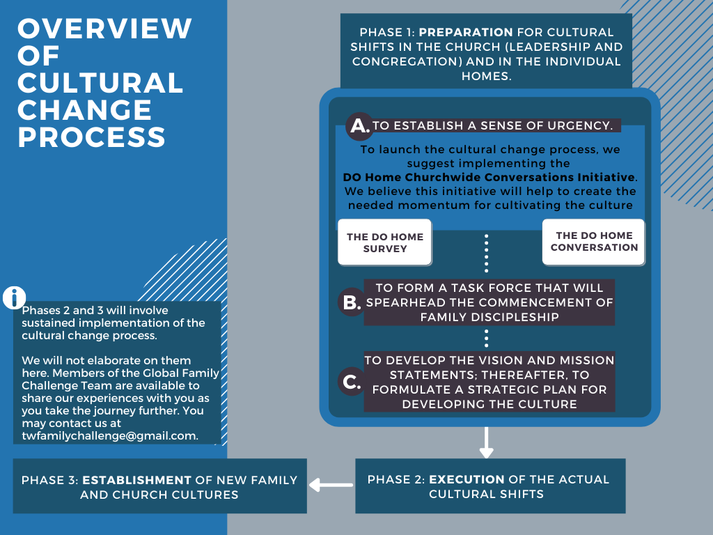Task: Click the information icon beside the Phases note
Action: coord(14,297)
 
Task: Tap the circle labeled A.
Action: coord(359,126)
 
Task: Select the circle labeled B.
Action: coord(350,302)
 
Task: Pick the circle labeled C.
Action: coord(350,381)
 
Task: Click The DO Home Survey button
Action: coord(385,242)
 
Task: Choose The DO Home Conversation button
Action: coord(594,242)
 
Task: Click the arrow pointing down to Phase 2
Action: coord(486,443)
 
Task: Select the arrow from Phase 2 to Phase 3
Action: coord(331,485)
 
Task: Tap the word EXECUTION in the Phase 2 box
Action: coord(467,479)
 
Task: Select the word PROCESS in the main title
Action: coord(91,137)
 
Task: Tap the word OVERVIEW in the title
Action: coord(104,29)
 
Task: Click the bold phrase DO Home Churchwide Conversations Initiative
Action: coord(489,178)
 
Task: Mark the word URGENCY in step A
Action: coord(580,126)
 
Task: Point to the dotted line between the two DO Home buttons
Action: coord(486,252)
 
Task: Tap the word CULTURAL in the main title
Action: coord(100,83)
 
